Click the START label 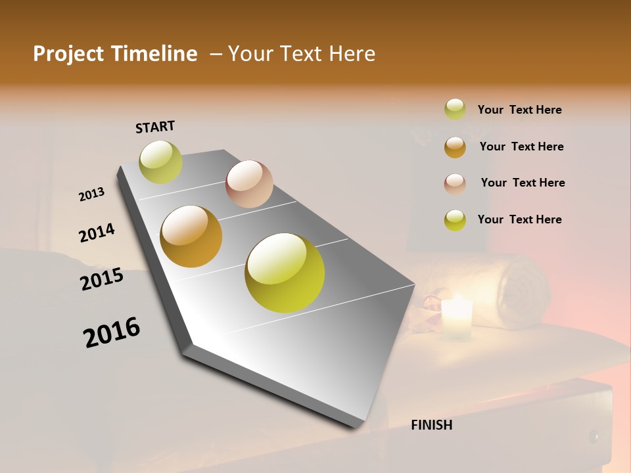click(155, 127)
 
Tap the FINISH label click(431, 425)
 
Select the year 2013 click(91, 194)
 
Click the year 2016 click(112, 332)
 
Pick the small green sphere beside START click(160, 162)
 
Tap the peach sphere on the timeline click(249, 184)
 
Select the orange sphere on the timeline click(191, 236)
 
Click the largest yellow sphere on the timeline click(285, 273)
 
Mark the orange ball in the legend click(455, 147)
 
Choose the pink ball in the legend click(455, 184)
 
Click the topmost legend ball click(455, 109)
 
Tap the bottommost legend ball click(455, 220)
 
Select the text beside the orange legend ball click(521, 146)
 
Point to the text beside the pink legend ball click(523, 183)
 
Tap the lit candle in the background click(457, 319)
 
